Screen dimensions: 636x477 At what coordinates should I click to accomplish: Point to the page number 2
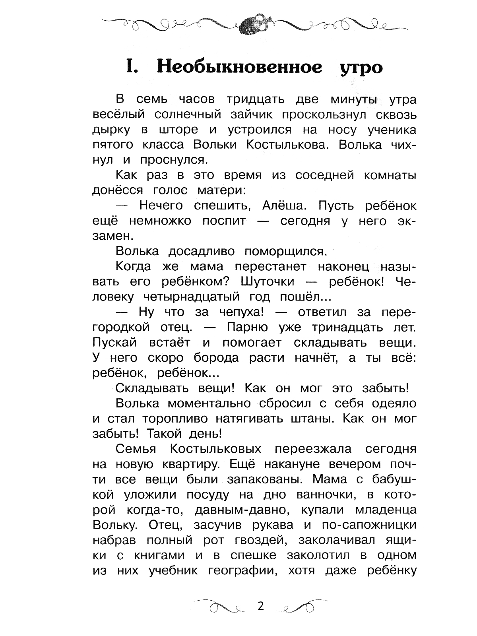click(x=261, y=607)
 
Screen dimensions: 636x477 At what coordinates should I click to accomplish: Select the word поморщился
click(x=285, y=252)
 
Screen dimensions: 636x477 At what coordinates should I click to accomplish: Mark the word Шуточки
click(x=268, y=282)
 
